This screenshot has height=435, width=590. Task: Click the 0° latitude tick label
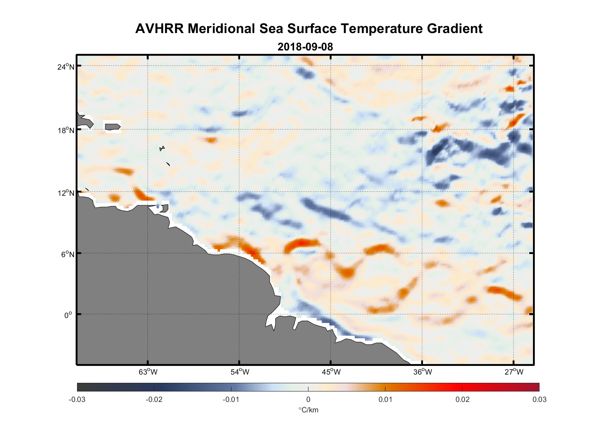tap(68, 315)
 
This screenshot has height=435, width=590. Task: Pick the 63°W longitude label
tap(148, 372)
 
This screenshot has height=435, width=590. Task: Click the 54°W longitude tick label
tap(240, 372)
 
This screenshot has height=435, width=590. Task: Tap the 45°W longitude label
tap(331, 372)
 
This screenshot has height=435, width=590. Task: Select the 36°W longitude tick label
tap(422, 372)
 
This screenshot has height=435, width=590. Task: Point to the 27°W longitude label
tap(514, 372)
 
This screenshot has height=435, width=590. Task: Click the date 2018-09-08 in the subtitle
tap(305, 47)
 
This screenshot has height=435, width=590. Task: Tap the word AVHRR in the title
tap(159, 29)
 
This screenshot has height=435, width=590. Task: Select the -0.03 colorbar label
tap(77, 399)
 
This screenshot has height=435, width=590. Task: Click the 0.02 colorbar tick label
tap(462, 399)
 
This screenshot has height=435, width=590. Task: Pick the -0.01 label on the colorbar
tap(231, 399)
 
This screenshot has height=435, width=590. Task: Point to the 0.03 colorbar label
tap(539, 399)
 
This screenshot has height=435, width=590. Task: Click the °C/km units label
tap(308, 410)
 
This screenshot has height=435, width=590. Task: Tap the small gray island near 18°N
tap(112, 127)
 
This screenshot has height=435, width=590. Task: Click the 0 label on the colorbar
tap(308, 399)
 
